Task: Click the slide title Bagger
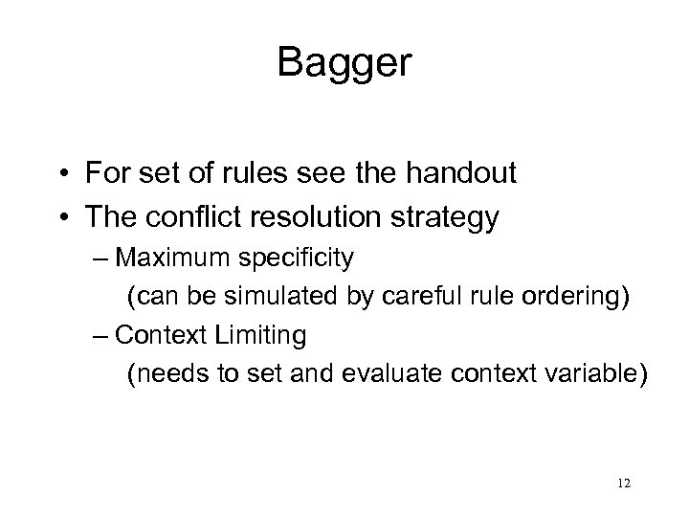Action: click(344, 63)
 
